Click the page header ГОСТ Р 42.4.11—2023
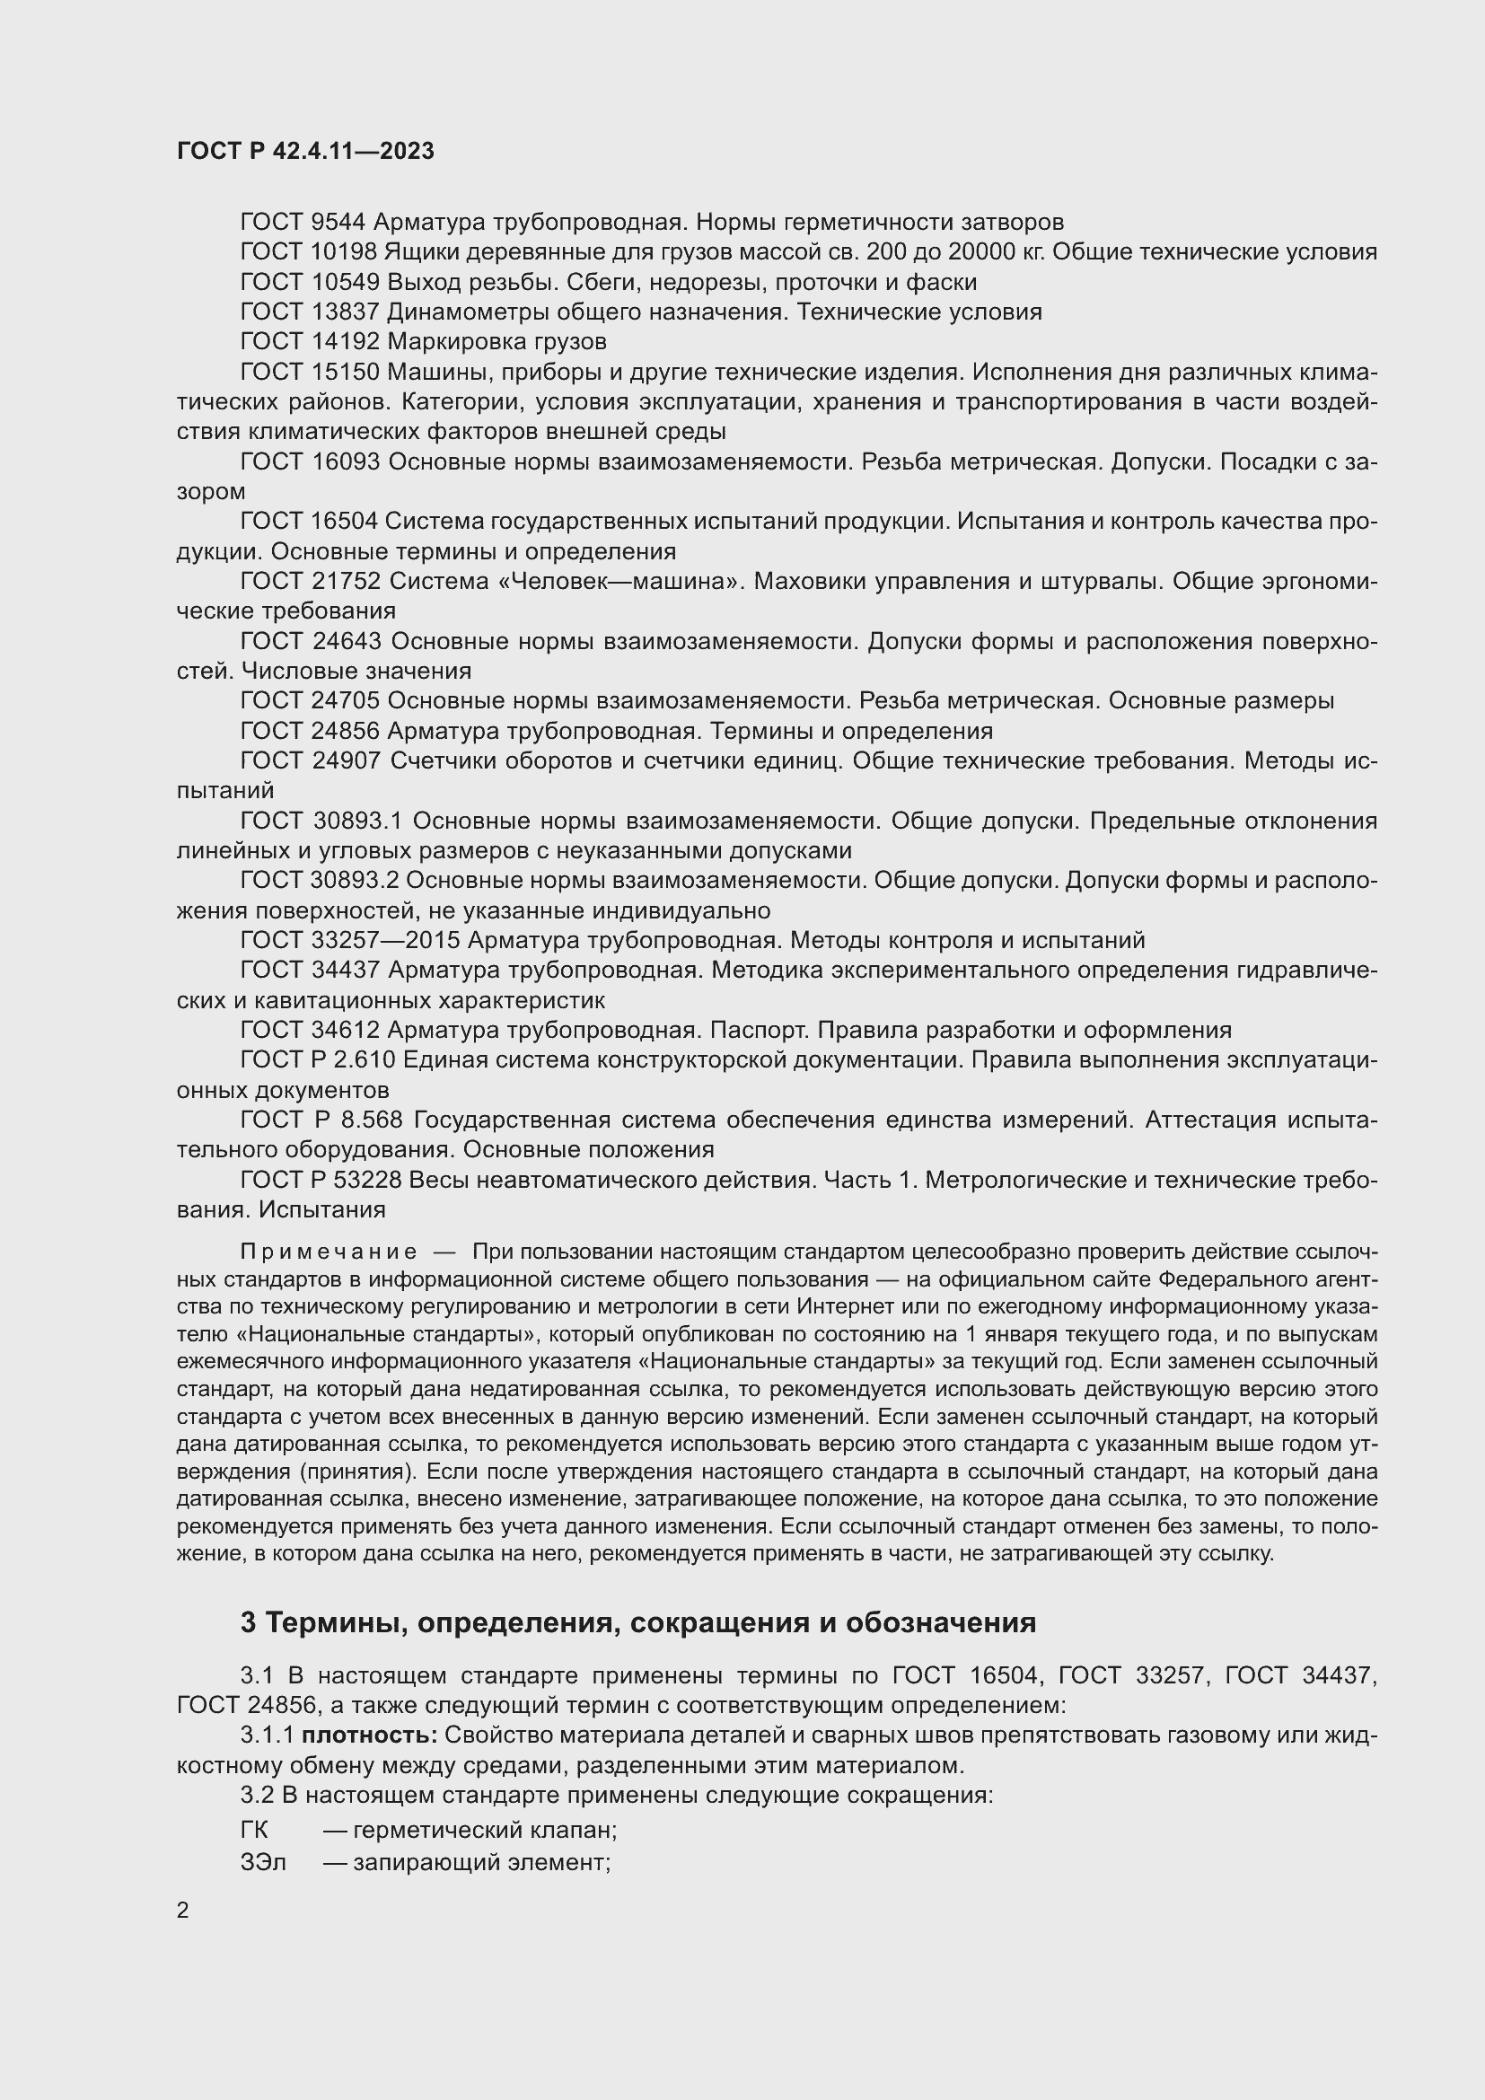tap(304, 152)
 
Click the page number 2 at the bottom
tap(183, 1911)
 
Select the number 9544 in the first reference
tap(338, 223)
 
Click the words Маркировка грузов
tap(496, 342)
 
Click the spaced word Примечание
tap(329, 1252)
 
